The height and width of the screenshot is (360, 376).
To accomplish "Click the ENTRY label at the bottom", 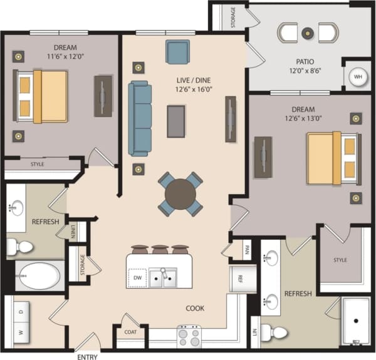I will [x=88, y=356].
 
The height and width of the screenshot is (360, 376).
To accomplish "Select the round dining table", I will [x=180, y=194].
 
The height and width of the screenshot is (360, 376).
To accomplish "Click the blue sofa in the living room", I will [x=140, y=118].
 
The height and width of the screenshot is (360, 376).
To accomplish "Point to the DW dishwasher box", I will [x=137, y=275].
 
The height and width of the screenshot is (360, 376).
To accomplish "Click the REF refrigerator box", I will [x=238, y=279].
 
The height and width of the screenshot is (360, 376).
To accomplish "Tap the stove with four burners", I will [x=190, y=336].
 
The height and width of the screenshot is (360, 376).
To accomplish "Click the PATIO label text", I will [x=305, y=62].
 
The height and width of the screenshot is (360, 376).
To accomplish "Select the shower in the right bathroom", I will [x=356, y=321].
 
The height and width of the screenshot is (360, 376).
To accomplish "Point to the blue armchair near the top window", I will [x=177, y=51].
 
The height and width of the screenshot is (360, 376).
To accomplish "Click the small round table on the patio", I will [x=307, y=33].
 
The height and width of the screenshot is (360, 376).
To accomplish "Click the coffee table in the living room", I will [x=176, y=120].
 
